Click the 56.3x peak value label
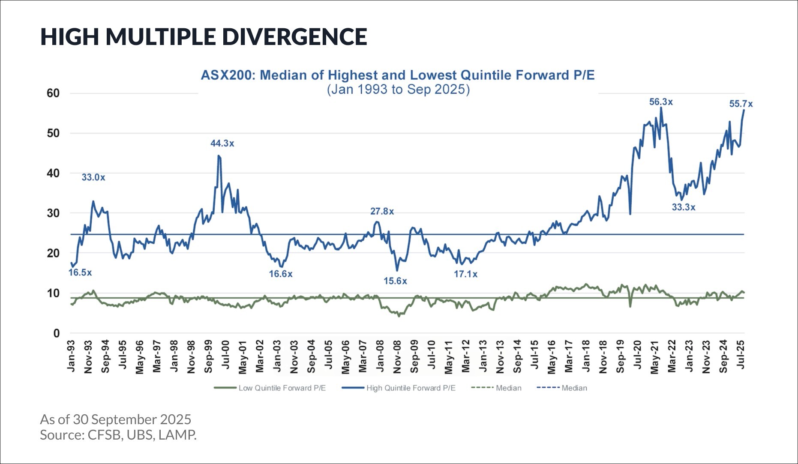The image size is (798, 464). (661, 102)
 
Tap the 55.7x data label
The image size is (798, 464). (741, 104)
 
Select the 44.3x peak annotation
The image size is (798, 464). (222, 144)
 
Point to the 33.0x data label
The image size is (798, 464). (93, 177)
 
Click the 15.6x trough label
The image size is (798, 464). (395, 281)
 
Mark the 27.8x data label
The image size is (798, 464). (382, 211)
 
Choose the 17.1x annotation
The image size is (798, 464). (465, 274)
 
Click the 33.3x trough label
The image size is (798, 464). (683, 207)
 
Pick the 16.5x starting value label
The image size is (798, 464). (80, 272)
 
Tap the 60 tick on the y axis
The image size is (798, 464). (53, 93)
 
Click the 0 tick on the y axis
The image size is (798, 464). (57, 333)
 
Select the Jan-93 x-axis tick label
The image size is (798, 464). (71, 356)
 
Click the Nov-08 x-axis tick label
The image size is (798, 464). (397, 356)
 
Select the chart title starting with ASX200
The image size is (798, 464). (398, 75)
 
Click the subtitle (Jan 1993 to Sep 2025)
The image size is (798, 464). (398, 90)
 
